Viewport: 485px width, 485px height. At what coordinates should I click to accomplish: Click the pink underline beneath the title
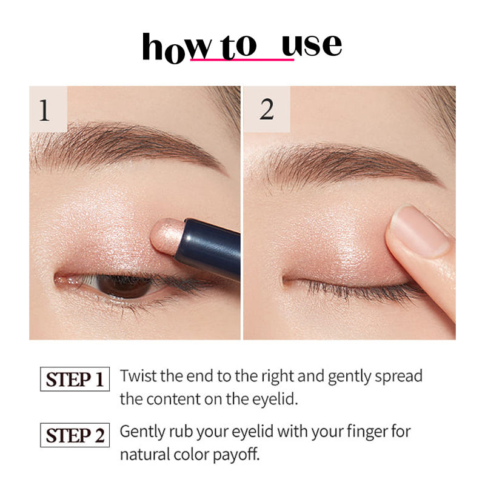coord(242,60)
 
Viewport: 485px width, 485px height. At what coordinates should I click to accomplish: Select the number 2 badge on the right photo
coord(266,109)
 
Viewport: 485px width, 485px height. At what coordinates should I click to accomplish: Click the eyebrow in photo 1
coord(121,142)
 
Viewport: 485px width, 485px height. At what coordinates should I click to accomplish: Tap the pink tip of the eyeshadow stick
coord(162,235)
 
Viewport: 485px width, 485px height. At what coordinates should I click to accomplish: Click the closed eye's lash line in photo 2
coord(358,285)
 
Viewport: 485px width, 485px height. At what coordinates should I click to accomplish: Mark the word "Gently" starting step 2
coord(141,432)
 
